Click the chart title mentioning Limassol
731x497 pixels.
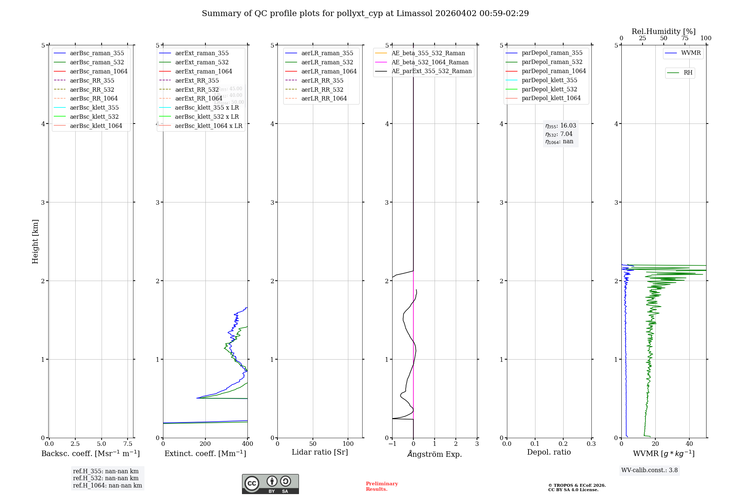pyautogui.click(x=365, y=14)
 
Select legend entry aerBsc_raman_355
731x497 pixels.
pyautogui.click(x=97, y=53)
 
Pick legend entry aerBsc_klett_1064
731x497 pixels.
pyautogui.click(x=96, y=126)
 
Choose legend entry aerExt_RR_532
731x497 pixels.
pyautogui.click(x=197, y=90)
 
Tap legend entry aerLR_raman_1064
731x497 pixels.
pyautogui.click(x=329, y=72)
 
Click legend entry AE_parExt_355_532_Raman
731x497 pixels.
pyautogui.click(x=431, y=71)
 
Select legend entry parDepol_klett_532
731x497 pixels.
pyautogui.click(x=549, y=90)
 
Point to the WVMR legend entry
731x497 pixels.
pyautogui.click(x=690, y=53)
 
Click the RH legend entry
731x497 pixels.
pyautogui.click(x=688, y=73)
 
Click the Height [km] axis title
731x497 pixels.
pyautogui.click(x=35, y=241)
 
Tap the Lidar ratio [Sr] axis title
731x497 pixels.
pyautogui.click(x=320, y=452)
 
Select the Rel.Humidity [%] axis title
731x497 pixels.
pyautogui.click(x=663, y=31)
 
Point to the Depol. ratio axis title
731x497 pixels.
pyautogui.click(x=549, y=452)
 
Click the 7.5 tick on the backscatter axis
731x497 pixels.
pyautogui.click(x=128, y=444)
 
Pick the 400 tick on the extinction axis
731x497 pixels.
pyautogui.click(x=247, y=444)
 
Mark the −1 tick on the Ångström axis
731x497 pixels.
pyautogui.click(x=392, y=444)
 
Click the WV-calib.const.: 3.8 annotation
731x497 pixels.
pyautogui.click(x=649, y=470)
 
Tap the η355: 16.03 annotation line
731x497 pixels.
pyautogui.click(x=560, y=126)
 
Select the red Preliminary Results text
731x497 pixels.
pyautogui.click(x=382, y=486)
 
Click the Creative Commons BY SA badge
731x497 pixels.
pyautogui.click(x=270, y=484)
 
